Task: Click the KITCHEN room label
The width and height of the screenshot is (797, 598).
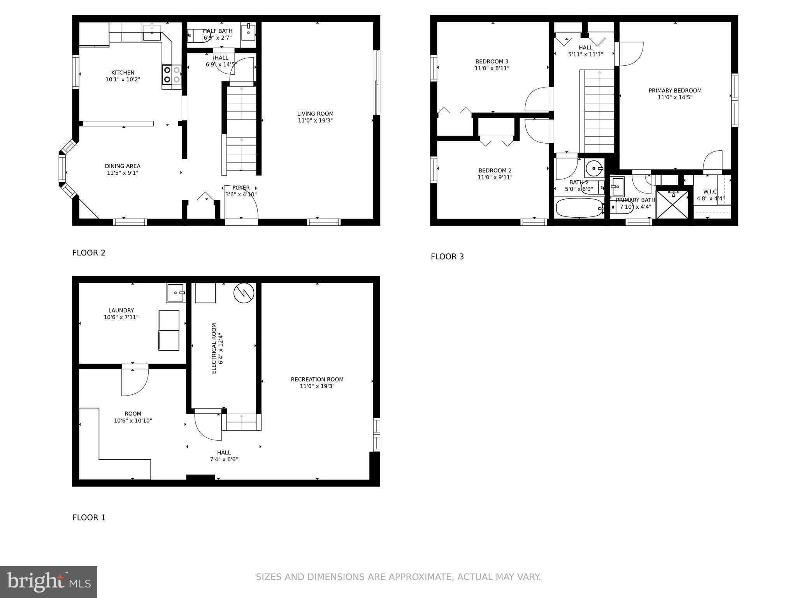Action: tap(123, 73)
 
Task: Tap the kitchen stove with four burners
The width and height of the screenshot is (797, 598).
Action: tap(172, 75)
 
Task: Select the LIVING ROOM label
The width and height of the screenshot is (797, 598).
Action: tap(315, 114)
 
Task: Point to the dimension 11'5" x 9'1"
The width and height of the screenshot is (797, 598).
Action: tap(123, 173)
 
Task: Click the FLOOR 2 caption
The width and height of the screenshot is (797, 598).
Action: tap(89, 253)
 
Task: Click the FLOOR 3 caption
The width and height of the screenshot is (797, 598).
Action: tap(447, 257)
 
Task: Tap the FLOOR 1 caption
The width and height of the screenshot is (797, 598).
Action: tap(89, 518)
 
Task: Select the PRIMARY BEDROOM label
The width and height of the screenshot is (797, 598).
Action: tap(675, 91)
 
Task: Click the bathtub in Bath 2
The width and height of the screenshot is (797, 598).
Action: tap(579, 208)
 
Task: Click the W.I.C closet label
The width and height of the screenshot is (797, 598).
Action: tap(710, 192)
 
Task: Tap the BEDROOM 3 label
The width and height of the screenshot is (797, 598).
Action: tap(492, 62)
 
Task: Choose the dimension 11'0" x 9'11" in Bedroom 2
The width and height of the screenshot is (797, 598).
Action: tap(495, 178)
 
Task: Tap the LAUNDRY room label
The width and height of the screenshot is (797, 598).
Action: tap(121, 310)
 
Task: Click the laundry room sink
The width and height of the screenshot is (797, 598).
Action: tap(176, 293)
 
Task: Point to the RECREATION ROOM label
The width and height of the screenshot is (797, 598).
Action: tap(317, 379)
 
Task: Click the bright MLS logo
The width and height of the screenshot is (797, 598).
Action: tap(49, 582)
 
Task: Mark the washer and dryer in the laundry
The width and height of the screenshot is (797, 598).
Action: tap(169, 330)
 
